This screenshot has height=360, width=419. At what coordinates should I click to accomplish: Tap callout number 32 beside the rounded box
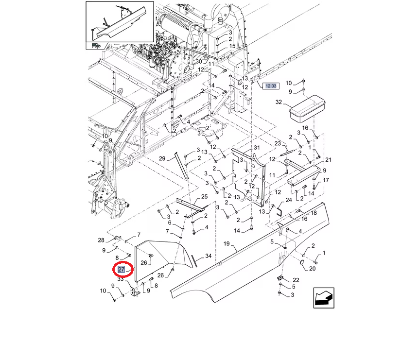click(279, 103)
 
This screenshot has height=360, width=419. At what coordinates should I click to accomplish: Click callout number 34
click(208, 256)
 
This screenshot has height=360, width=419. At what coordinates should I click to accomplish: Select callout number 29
click(163, 158)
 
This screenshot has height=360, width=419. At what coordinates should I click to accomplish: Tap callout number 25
click(204, 196)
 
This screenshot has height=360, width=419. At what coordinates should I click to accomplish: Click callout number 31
click(257, 148)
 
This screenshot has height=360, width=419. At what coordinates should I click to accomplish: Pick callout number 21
click(328, 160)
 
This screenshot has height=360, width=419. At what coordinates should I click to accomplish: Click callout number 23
click(278, 143)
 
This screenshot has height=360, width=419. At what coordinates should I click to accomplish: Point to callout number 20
click(313, 269)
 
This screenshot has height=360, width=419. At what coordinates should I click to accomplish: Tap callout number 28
click(101, 240)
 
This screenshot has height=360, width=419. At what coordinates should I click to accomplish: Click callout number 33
click(120, 279)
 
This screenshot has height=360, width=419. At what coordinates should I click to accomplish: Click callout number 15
click(232, 46)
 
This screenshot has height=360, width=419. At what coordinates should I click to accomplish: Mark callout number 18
click(314, 213)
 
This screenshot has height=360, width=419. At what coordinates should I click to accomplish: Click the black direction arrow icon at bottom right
click(323, 297)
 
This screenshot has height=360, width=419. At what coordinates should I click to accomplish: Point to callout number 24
click(288, 200)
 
